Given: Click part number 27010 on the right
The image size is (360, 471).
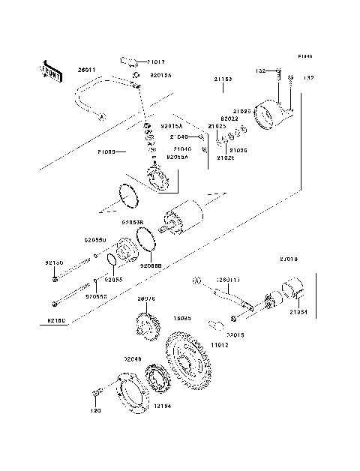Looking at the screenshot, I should pos(289,259).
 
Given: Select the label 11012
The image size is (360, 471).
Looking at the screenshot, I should pos(218,345).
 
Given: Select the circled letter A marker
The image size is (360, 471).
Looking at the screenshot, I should pos(196,281).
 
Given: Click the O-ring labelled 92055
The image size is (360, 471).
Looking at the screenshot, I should pos(110,260).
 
